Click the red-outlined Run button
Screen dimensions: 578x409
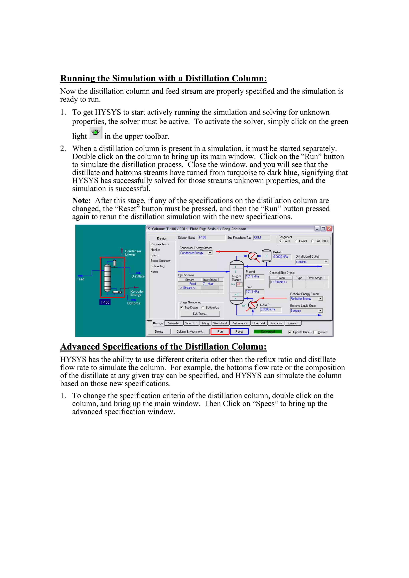[x=220, y=332]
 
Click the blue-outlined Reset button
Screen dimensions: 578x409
[x=239, y=332]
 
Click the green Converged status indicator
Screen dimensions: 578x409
[x=268, y=332]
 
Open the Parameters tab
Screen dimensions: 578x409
[x=173, y=323]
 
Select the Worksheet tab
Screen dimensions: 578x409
[x=220, y=323]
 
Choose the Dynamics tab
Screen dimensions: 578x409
[x=292, y=323]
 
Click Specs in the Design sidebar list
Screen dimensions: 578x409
[x=155, y=255]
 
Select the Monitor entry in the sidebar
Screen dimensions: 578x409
[x=155, y=250]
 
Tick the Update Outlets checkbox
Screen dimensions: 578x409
[x=290, y=332]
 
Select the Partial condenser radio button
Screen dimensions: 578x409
[x=296, y=241]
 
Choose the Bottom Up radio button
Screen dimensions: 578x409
[x=203, y=307]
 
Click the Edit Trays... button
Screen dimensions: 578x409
[x=200, y=313]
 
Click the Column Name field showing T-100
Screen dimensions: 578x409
[x=211, y=237]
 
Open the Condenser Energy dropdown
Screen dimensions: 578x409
[x=210, y=253]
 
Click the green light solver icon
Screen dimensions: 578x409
[x=95, y=132]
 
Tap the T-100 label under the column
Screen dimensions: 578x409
[x=105, y=302]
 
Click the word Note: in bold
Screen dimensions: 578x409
[x=81, y=201]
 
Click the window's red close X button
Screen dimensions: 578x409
[x=329, y=229]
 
